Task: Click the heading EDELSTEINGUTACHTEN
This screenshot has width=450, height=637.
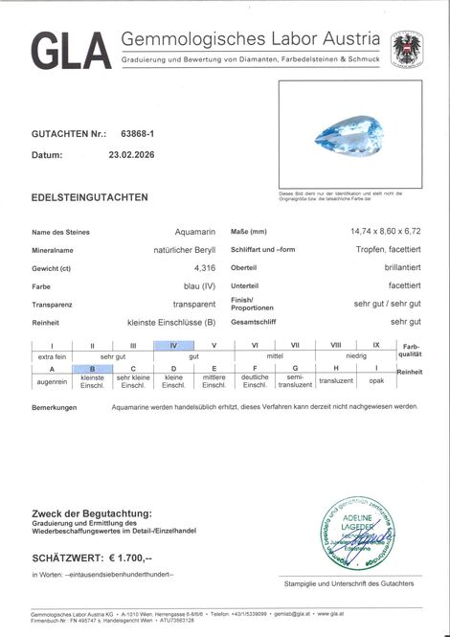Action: [x=90, y=197]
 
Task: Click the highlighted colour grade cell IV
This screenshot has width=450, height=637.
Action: [x=173, y=345]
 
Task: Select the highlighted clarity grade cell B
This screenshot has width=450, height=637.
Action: [x=93, y=369]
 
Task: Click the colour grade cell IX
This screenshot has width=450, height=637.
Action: [x=376, y=345]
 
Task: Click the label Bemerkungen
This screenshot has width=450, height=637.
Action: [x=55, y=406]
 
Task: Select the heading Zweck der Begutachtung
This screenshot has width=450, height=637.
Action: [x=92, y=512]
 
